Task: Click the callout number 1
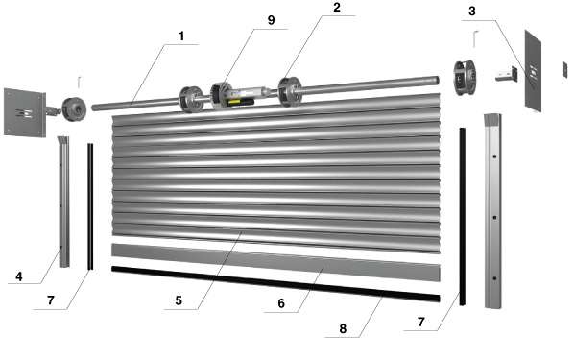pos(181,36)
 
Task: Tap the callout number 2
pos(337,8)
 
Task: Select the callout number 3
pos(472,12)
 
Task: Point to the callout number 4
pos(19,276)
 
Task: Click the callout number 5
pos(179,300)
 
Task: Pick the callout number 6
pos(281,303)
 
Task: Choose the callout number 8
pos(343,329)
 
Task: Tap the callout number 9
pos(271,20)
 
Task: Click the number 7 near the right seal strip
pos(421,322)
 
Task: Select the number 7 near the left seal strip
pos(51,300)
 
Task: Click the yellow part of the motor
pos(234,102)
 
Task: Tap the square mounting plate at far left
pos(25,112)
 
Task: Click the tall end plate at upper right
pos(533,71)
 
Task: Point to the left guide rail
pos(63,202)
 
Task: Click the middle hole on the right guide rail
pos(494,218)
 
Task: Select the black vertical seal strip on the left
pos(90,206)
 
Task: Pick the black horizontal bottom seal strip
pos(275,283)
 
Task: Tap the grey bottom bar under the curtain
pos(275,261)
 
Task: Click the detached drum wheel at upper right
pos(465,77)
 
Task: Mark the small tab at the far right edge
pos(565,69)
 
